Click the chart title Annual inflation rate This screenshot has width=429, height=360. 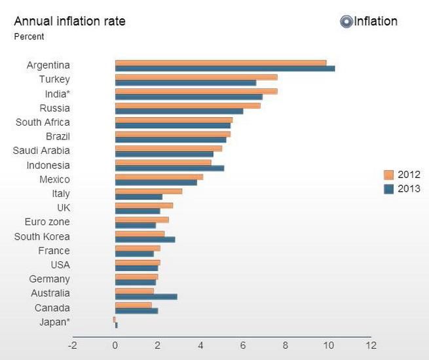pyautogui.click(x=69, y=21)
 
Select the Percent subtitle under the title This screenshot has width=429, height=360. pyautogui.click(x=29, y=37)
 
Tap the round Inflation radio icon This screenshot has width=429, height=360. pyautogui.click(x=346, y=22)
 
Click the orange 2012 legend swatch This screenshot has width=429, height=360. pyautogui.click(x=388, y=175)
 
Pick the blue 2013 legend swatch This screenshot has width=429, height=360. pyautogui.click(x=388, y=189)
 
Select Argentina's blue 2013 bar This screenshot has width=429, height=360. pyautogui.click(x=225, y=68)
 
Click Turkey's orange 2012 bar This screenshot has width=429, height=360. pyautogui.click(x=196, y=77)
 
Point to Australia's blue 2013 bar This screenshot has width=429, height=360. pyautogui.click(x=146, y=297)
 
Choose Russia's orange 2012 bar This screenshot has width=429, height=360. pyautogui.click(x=187, y=105)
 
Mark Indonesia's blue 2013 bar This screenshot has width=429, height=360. pyautogui.click(x=170, y=168)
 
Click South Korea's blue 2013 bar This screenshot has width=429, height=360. pyautogui.click(x=145, y=240)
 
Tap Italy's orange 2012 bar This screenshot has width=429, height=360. pyautogui.click(x=149, y=191)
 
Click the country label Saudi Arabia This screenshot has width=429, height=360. pyautogui.click(x=41, y=151)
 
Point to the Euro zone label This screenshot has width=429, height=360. pyautogui.click(x=47, y=223)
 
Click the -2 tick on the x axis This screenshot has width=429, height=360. pyautogui.click(x=72, y=345)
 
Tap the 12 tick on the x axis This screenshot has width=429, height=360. pyautogui.click(x=371, y=345)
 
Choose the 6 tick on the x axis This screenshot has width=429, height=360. pyautogui.click(x=243, y=345)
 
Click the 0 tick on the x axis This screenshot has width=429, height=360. pyautogui.click(x=115, y=345)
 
